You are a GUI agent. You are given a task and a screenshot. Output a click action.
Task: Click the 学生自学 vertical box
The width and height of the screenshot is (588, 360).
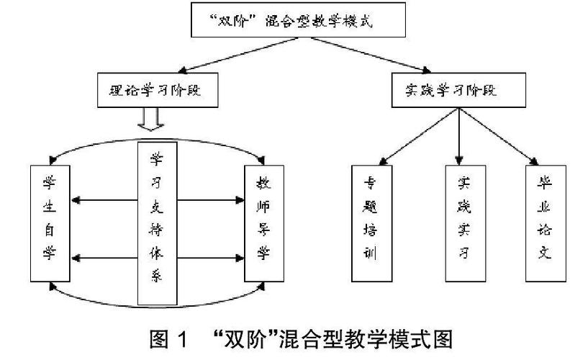click(x=48, y=223)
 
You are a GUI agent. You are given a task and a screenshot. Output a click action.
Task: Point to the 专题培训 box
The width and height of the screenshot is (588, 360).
click(x=369, y=223)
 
